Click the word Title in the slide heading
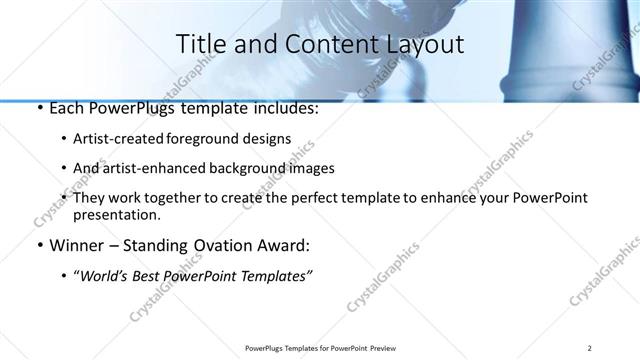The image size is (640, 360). point(199,44)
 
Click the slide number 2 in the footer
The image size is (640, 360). point(590,348)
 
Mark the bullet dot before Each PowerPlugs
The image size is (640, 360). point(39,109)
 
